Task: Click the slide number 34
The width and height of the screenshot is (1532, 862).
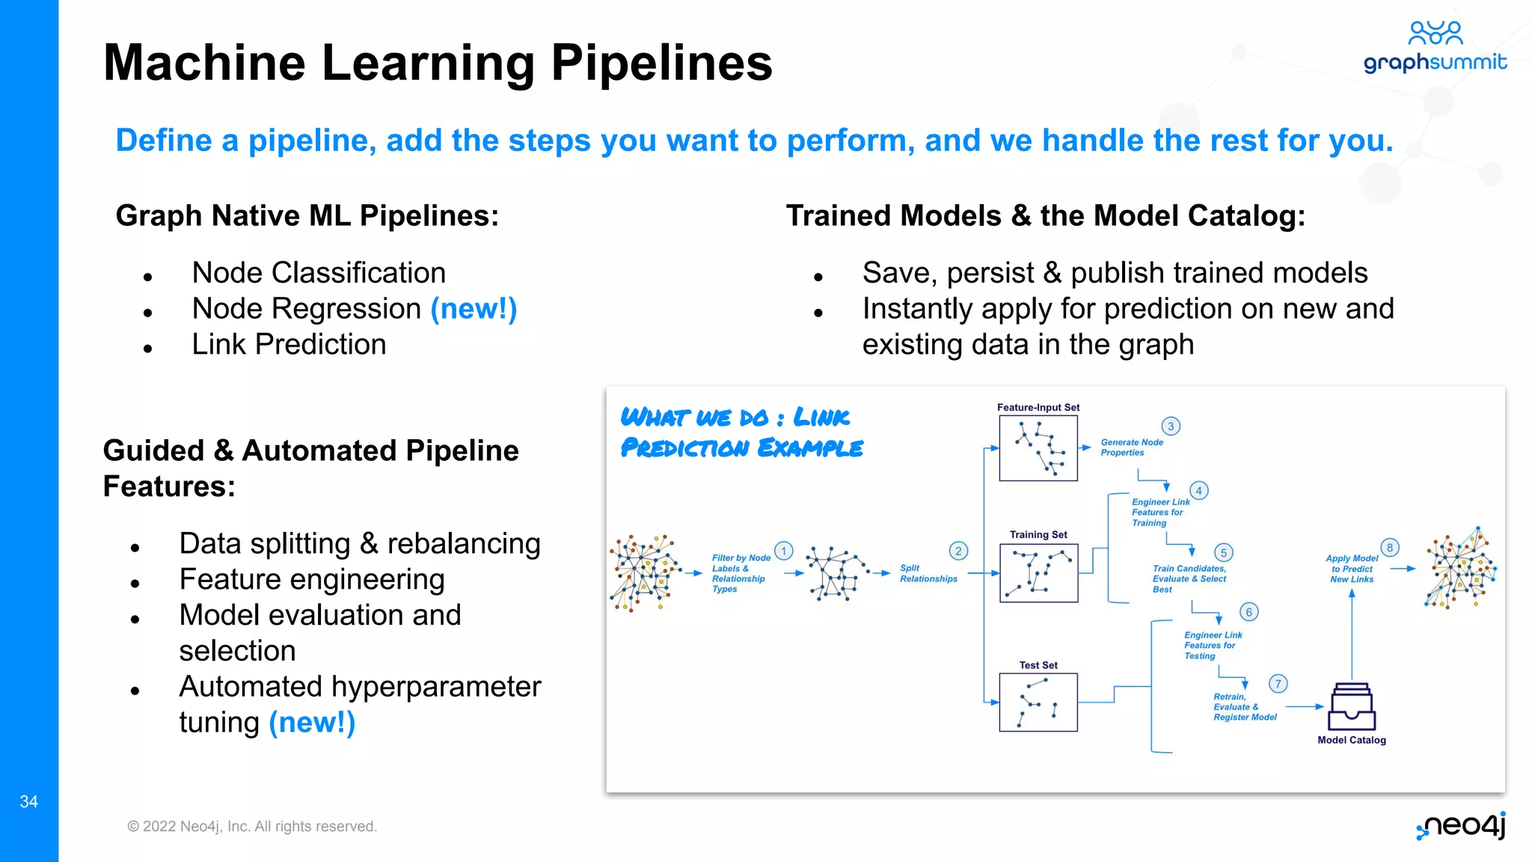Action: click(x=28, y=801)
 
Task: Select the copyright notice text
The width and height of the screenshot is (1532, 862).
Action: click(x=252, y=826)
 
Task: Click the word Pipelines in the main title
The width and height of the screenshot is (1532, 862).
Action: click(x=661, y=63)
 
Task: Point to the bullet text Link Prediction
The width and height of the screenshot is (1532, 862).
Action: click(x=289, y=344)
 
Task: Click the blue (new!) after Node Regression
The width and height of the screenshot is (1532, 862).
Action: click(x=474, y=308)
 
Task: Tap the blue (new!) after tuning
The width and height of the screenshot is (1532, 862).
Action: click(x=312, y=722)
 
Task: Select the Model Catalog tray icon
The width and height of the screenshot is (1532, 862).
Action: click(x=1351, y=707)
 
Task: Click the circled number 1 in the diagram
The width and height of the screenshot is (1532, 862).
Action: click(x=783, y=551)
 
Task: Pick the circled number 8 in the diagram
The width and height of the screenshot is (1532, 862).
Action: click(x=1389, y=548)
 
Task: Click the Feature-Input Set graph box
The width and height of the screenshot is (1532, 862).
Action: click(x=1038, y=448)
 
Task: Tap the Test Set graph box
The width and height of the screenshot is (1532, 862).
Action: click(x=1038, y=702)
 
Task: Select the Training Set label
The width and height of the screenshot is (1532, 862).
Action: click(x=1038, y=534)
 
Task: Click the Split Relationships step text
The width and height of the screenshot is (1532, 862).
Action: click(x=928, y=573)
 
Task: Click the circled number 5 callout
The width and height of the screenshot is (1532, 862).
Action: click(x=1223, y=553)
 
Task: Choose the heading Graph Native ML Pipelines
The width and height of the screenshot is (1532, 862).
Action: click(x=307, y=215)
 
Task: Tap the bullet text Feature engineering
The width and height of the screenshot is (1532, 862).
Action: click(x=312, y=579)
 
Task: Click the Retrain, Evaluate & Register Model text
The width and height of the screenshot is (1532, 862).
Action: click(x=1244, y=706)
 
